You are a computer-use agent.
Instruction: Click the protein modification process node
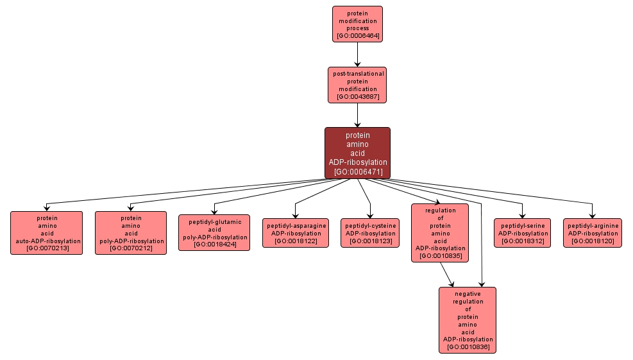(x=357, y=24)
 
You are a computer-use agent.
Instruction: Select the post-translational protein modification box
(x=357, y=85)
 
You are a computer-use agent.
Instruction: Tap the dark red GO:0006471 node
(x=357, y=153)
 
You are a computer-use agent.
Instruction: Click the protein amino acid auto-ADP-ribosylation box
(x=46, y=233)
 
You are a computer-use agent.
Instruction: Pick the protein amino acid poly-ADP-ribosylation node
(x=131, y=233)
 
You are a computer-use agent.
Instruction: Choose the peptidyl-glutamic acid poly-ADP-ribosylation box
(x=214, y=232)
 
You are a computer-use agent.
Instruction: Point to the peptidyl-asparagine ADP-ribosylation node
(x=296, y=233)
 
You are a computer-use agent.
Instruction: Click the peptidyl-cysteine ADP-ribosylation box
(x=371, y=233)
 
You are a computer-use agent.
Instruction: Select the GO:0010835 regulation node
(x=440, y=233)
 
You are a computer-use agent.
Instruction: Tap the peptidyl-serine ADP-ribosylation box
(x=522, y=233)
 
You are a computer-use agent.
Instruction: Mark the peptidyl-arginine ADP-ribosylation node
(x=593, y=233)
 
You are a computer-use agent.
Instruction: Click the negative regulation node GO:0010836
(x=468, y=320)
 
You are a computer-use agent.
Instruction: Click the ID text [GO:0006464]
(x=357, y=36)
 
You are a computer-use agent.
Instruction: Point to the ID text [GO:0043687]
(x=357, y=97)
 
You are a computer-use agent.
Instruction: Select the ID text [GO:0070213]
(x=46, y=248)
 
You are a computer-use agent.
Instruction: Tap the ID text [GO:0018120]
(x=593, y=241)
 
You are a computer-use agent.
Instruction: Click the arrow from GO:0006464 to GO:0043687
(x=357, y=55)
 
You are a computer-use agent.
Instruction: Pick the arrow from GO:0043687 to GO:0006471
(x=357, y=115)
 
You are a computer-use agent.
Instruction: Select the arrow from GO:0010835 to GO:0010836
(x=448, y=274)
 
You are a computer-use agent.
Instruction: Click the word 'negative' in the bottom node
(x=468, y=293)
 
